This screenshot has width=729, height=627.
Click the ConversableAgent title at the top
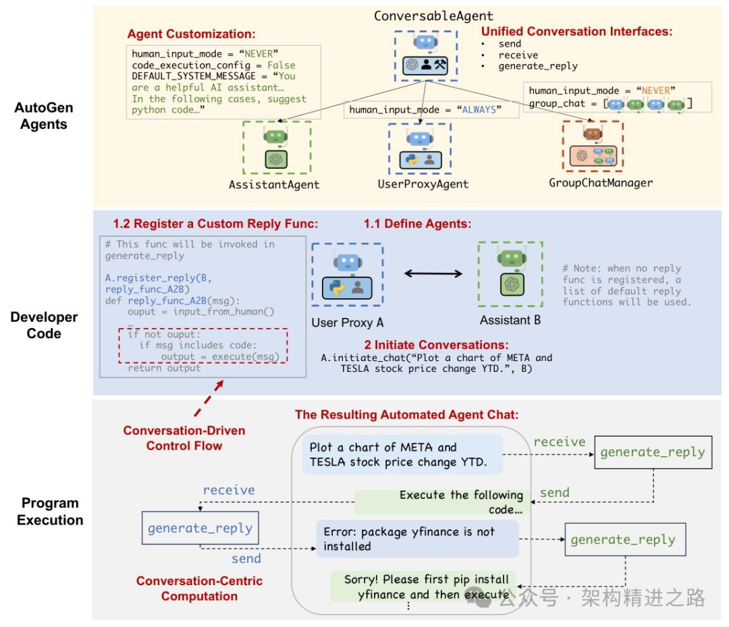pyautogui.click(x=433, y=16)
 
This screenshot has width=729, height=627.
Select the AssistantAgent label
pyautogui.click(x=273, y=184)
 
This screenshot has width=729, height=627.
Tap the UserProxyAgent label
pyautogui.click(x=423, y=184)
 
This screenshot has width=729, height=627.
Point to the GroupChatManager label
pyautogui.click(x=601, y=182)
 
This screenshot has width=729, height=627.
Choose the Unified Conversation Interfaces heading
pyautogui.click(x=577, y=31)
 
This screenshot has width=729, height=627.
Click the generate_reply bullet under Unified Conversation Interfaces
pyautogui.click(x=537, y=66)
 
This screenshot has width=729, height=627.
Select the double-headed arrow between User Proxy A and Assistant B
pyautogui.click(x=433, y=273)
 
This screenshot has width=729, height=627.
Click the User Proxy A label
pyautogui.click(x=348, y=323)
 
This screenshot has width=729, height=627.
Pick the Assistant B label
pyautogui.click(x=510, y=320)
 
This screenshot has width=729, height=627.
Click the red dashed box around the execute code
pyautogui.click(x=202, y=345)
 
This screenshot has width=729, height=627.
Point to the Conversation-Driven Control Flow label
pyautogui.click(x=184, y=438)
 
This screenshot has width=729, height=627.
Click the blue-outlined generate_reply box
pyautogui.click(x=200, y=528)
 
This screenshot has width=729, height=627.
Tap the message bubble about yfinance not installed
pyautogui.click(x=417, y=539)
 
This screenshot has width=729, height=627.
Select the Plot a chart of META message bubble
pyautogui.click(x=402, y=455)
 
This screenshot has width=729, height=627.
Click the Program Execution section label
pyautogui.click(x=50, y=512)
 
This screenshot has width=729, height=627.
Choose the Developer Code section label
pyautogui.click(x=44, y=325)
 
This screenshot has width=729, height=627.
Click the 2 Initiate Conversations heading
pyautogui.click(x=436, y=344)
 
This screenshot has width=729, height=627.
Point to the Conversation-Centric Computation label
pyautogui.click(x=199, y=589)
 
